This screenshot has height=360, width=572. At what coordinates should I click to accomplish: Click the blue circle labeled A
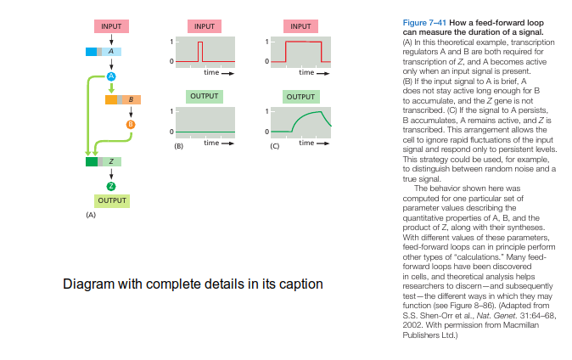point(111,76)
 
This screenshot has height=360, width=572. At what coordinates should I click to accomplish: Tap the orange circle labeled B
point(131,125)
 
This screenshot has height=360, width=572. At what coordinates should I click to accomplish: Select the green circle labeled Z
point(111,187)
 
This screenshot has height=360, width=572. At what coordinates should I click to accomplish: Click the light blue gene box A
point(104,52)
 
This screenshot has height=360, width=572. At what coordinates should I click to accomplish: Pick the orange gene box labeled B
point(123,99)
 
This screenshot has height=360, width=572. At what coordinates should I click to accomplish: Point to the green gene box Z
point(104,161)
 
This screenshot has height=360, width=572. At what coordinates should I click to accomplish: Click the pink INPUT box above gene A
point(111,26)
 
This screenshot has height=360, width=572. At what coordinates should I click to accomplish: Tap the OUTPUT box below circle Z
point(112,201)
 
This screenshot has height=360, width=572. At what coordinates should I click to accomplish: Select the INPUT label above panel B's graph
point(205,26)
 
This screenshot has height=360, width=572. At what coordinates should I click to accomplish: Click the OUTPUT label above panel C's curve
point(300,97)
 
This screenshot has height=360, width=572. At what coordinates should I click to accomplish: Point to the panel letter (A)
point(91,215)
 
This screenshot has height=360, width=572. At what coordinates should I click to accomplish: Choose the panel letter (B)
point(178,146)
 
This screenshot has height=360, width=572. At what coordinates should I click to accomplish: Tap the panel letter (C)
point(274,146)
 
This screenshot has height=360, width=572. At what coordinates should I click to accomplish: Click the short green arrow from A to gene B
point(111,88)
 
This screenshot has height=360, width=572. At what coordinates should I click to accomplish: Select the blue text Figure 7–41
point(424,23)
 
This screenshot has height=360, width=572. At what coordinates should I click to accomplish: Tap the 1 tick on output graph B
point(171,111)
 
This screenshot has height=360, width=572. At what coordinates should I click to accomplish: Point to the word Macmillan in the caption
point(520,325)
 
